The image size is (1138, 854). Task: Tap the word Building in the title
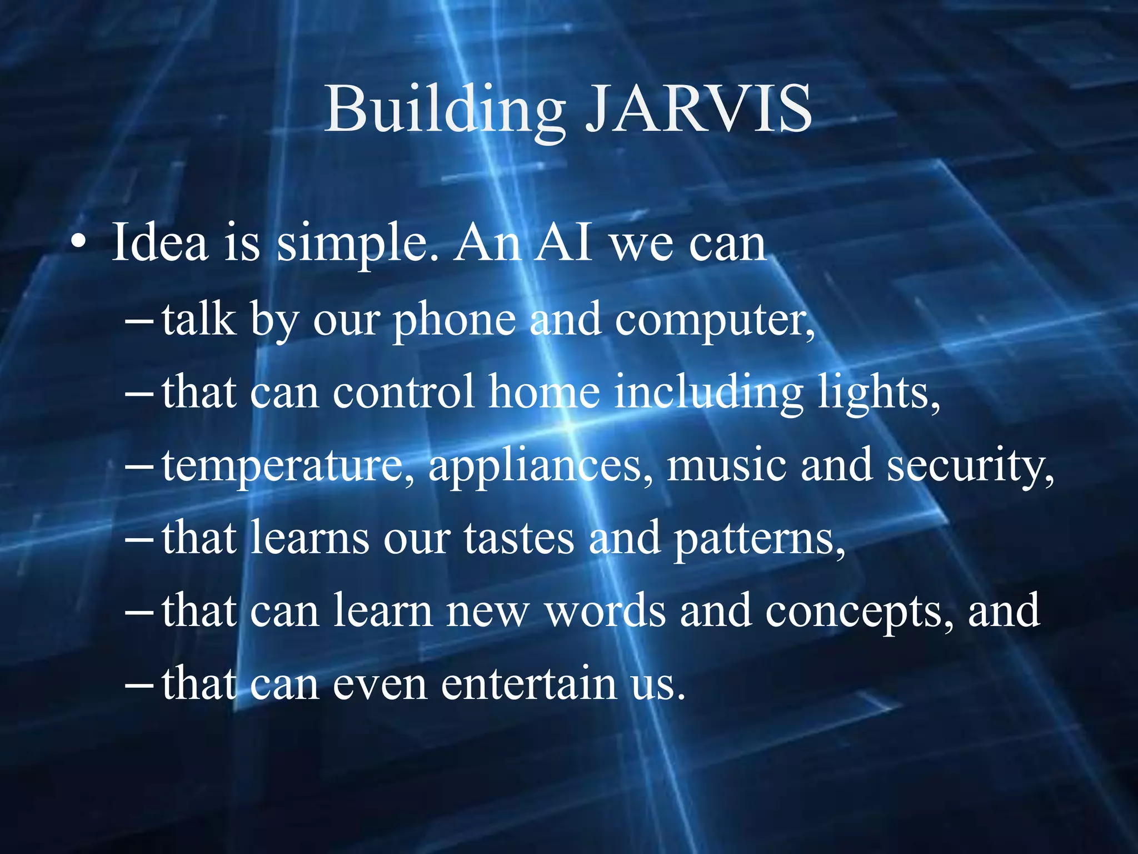pos(445,111)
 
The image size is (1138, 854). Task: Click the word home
pos(545,392)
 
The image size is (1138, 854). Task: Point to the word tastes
pos(519,538)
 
